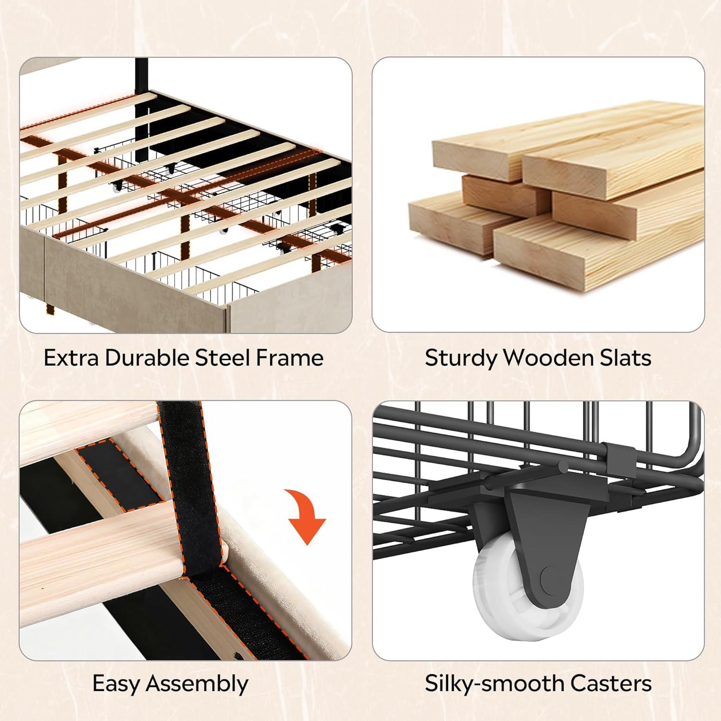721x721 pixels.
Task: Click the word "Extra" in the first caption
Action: (x=71, y=358)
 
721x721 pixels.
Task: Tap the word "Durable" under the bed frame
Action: (x=147, y=358)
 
